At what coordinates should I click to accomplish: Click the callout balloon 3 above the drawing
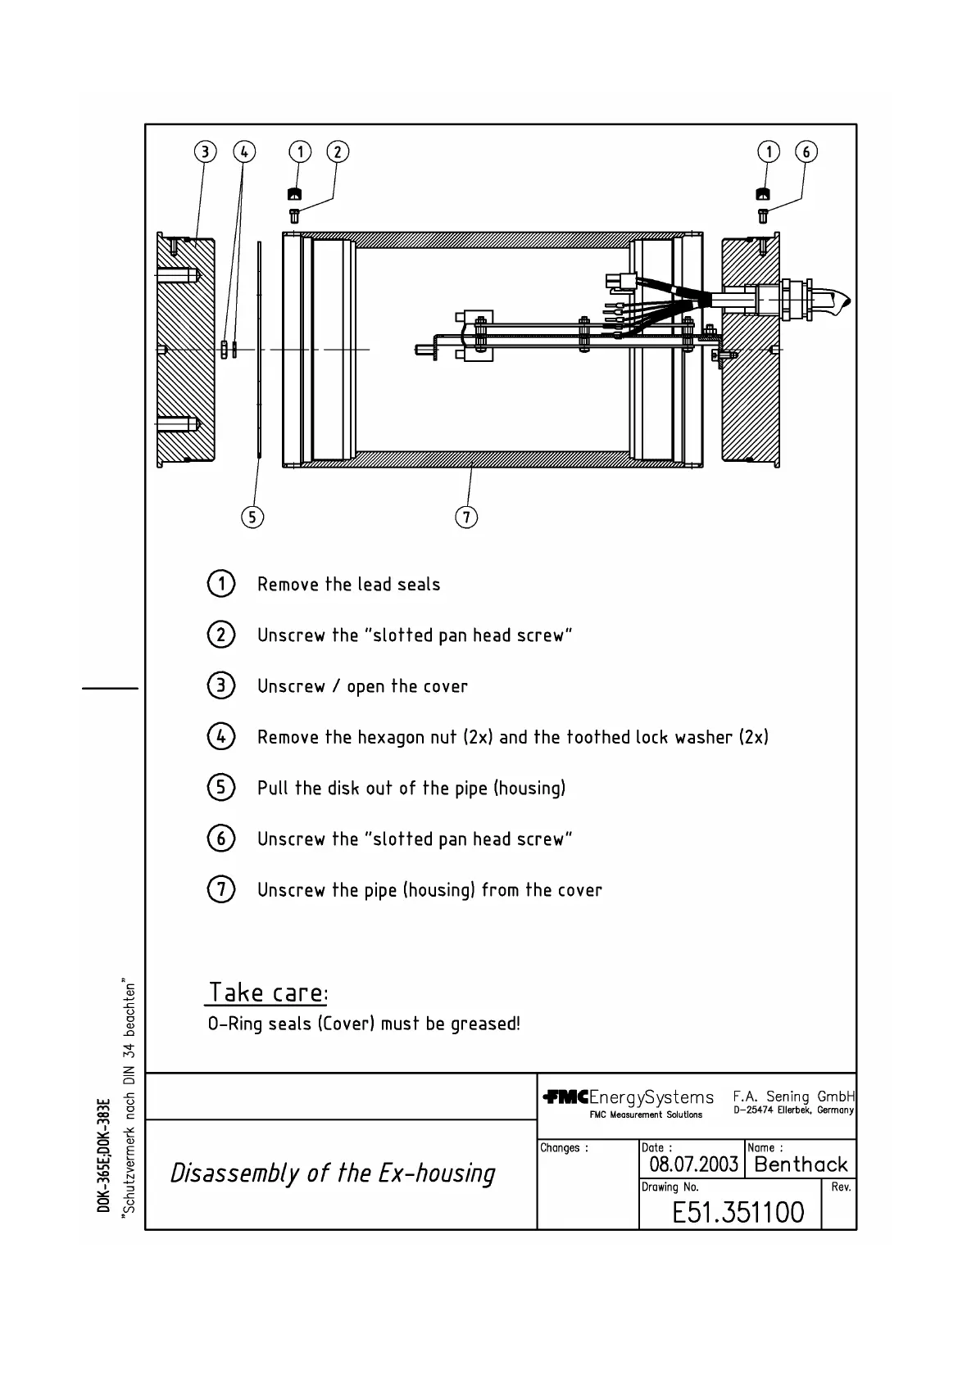point(205,151)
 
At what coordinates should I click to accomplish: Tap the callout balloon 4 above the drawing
point(244,151)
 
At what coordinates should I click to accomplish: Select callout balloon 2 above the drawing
point(338,151)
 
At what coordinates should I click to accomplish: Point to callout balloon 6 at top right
point(806,151)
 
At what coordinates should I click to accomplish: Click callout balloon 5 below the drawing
point(252,517)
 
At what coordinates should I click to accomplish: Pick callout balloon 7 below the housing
point(466,517)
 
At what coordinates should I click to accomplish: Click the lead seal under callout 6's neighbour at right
point(762,194)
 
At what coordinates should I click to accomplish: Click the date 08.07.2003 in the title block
point(693,1164)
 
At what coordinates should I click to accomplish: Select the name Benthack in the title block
point(801,1164)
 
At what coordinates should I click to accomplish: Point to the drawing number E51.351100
point(738,1212)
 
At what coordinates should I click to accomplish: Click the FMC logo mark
point(565,1097)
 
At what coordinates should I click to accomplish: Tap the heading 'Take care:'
point(268,992)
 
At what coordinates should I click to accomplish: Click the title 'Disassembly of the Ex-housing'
point(333,1173)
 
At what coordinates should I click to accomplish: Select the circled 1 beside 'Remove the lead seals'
point(221,584)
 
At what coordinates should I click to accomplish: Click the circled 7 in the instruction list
point(221,889)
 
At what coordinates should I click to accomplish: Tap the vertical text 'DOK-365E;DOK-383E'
point(103,1155)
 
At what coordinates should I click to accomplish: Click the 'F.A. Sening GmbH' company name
point(793,1096)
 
